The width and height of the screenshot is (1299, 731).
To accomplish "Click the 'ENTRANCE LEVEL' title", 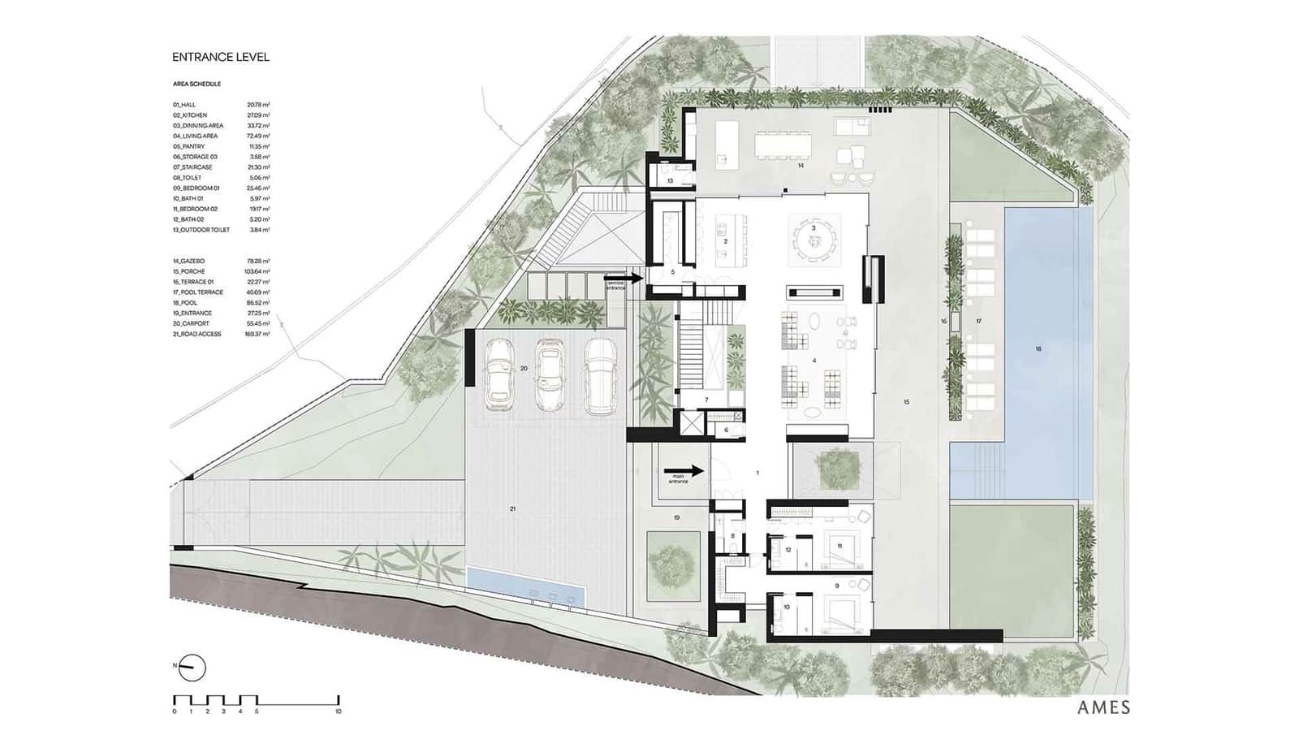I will (x=221, y=57).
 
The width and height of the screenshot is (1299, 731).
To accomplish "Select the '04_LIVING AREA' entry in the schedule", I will (x=196, y=136).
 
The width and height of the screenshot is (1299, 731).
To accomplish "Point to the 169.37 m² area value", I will (x=258, y=334).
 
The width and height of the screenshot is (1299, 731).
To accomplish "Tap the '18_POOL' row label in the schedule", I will (x=185, y=303).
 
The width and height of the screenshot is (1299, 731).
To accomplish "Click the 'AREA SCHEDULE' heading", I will (x=196, y=84).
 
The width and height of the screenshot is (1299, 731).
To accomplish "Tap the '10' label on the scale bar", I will (x=339, y=712).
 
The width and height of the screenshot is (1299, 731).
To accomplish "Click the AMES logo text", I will (x=1103, y=707).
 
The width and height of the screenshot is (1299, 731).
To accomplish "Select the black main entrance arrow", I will (x=684, y=471).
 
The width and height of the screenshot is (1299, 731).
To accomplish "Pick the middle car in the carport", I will (x=550, y=376).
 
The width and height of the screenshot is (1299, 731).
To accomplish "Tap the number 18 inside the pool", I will (x=1038, y=349).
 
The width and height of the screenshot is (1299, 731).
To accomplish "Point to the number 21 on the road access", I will (x=512, y=508).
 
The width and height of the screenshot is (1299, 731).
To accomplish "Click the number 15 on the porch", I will (x=906, y=402).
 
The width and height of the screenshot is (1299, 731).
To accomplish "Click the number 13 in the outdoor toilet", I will (x=671, y=181).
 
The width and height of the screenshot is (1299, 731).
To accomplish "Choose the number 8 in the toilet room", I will (x=732, y=535).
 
